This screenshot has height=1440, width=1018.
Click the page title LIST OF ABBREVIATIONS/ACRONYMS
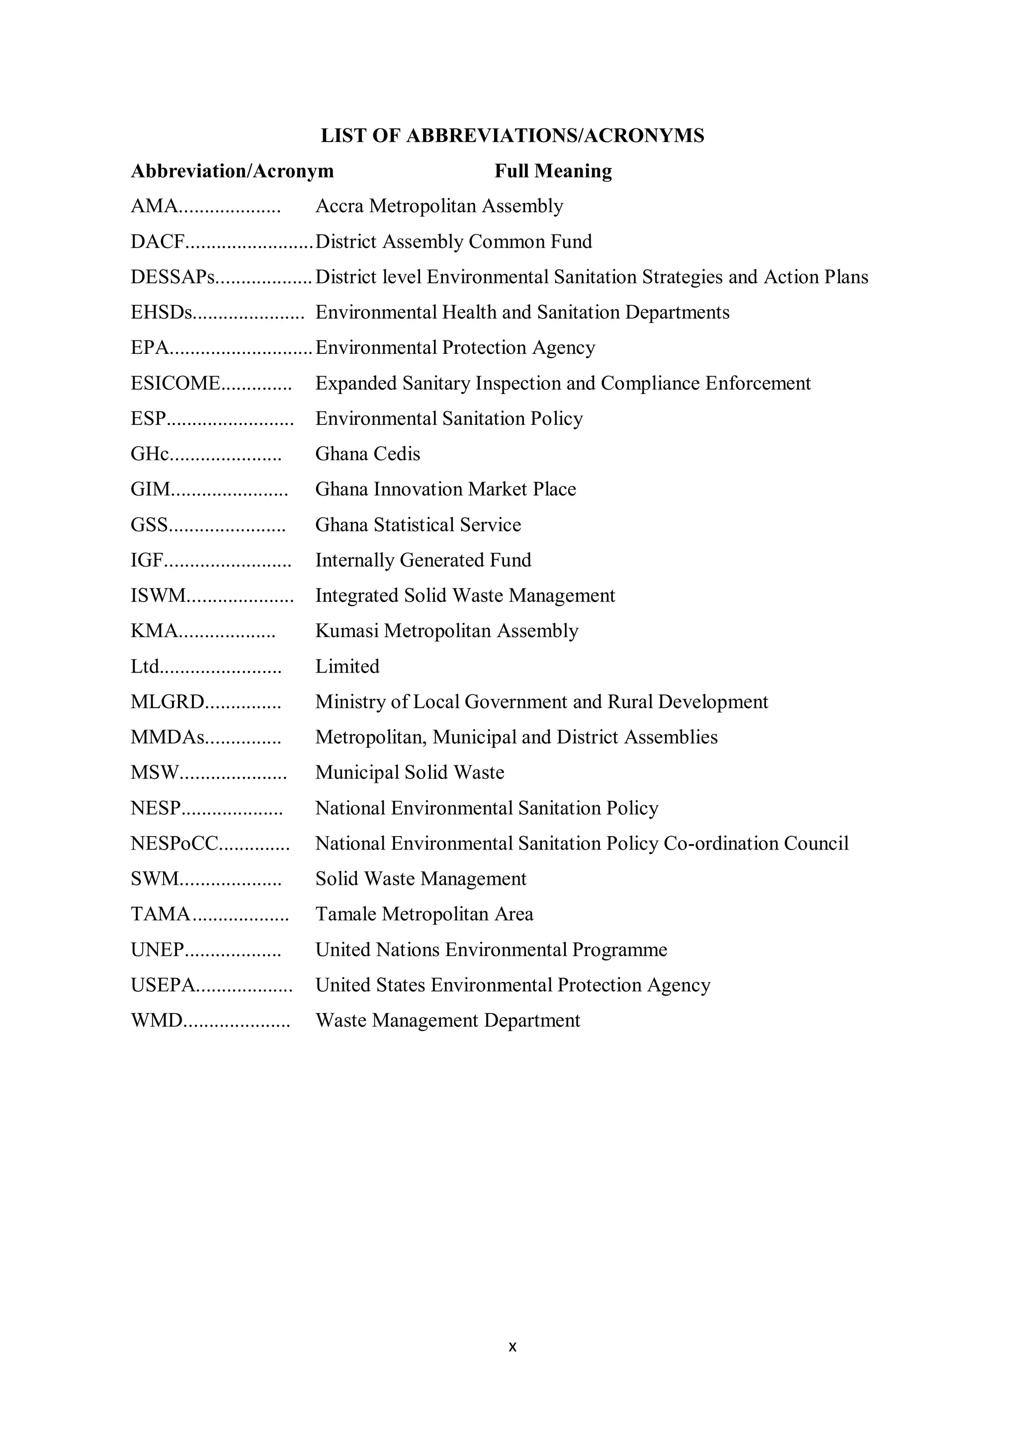click(x=512, y=136)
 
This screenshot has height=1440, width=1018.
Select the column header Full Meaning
click(x=553, y=171)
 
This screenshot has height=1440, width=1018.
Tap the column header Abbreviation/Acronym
click(x=232, y=171)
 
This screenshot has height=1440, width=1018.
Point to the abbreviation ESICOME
click(x=175, y=383)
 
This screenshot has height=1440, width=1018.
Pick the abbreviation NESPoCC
click(x=174, y=844)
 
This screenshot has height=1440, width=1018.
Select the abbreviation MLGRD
click(x=168, y=702)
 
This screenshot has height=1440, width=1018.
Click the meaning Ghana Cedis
click(x=367, y=454)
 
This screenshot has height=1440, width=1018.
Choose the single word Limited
click(x=347, y=667)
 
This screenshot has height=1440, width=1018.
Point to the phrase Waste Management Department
click(x=447, y=1021)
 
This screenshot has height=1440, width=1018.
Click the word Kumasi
click(x=347, y=631)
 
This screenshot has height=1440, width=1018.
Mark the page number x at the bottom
click(x=512, y=1347)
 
